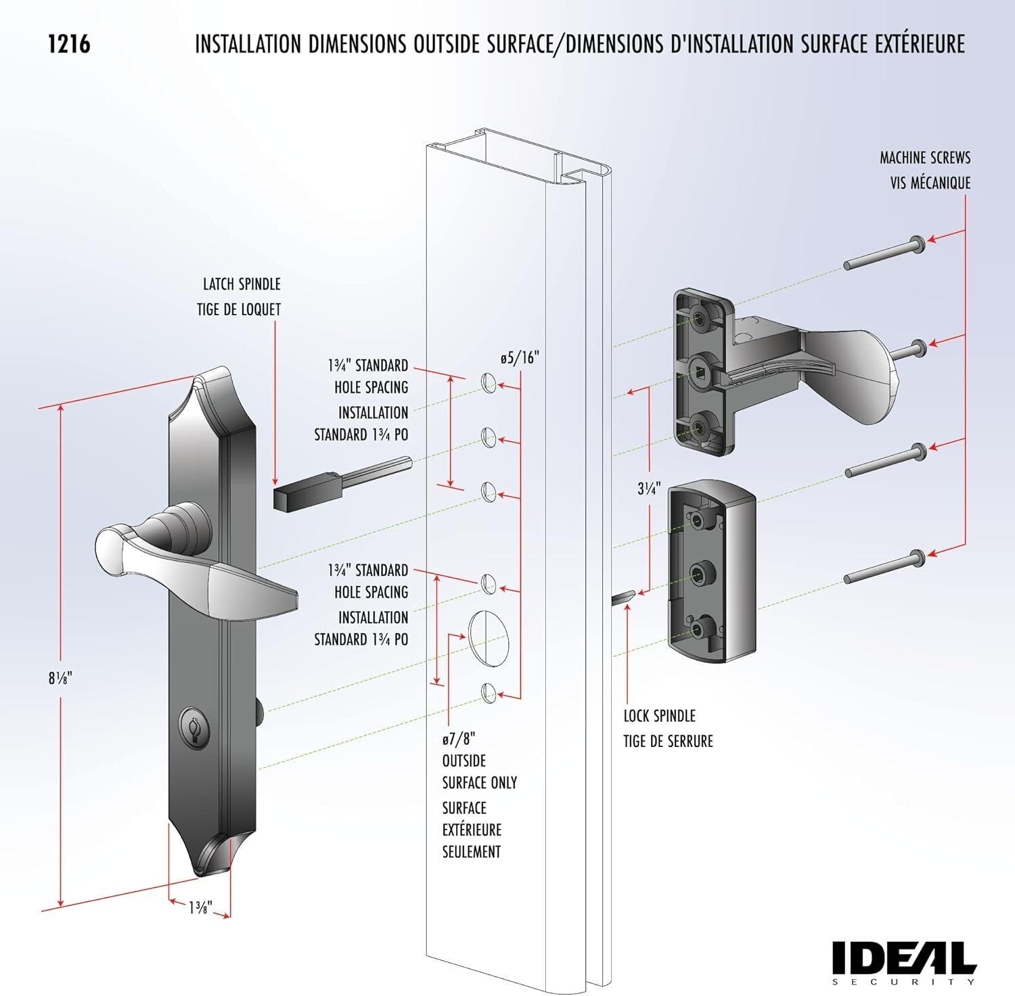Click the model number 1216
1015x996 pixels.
pos(69,44)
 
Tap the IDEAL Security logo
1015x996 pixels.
pos(903,961)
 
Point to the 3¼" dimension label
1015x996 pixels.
pos(648,488)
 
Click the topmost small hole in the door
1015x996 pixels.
pos(489,383)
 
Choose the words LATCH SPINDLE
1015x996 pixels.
pos(242,284)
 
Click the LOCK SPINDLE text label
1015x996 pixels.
pos(659,716)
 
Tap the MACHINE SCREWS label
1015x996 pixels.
pos(924,158)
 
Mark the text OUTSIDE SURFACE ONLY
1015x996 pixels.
pos(479,772)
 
